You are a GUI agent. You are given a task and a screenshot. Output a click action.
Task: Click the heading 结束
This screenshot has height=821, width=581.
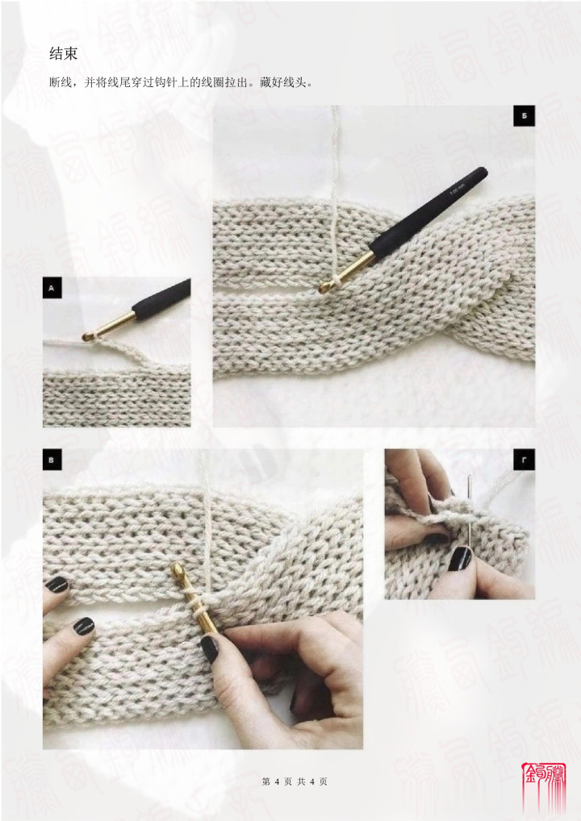point(64,53)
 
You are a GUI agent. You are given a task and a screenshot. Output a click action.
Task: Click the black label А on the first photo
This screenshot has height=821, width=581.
point(52,288)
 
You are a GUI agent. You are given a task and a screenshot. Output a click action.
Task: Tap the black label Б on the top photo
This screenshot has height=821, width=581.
point(525,115)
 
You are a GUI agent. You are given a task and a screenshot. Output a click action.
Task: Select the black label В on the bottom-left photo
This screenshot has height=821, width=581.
point(52,461)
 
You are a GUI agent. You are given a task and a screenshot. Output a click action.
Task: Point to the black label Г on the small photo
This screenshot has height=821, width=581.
point(525,461)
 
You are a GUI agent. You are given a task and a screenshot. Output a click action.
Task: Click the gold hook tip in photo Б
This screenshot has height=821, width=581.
point(325,287)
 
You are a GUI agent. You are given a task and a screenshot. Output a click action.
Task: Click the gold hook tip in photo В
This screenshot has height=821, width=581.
point(177,569)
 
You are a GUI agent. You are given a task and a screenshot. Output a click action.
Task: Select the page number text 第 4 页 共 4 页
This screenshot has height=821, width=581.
point(295,781)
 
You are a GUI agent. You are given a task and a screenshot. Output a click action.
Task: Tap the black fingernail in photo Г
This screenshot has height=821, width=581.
point(460,559)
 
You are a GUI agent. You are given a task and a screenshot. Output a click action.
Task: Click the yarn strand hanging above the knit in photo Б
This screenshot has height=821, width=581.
point(335,157)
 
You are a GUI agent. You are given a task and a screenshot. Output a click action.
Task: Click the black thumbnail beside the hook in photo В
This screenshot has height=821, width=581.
point(209,649)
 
